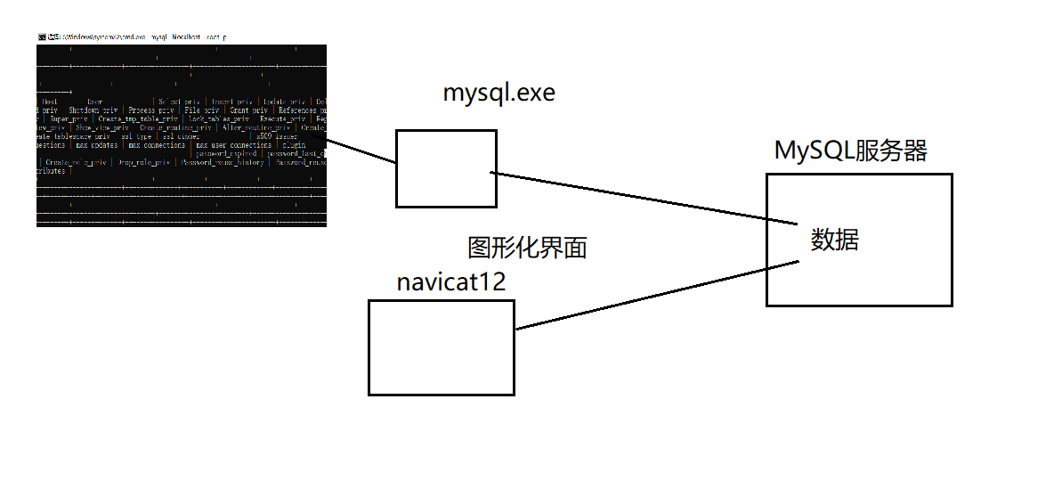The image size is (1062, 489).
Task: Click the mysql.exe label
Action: (x=499, y=94)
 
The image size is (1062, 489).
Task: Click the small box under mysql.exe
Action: (x=446, y=168)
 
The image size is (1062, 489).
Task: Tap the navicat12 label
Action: (x=451, y=282)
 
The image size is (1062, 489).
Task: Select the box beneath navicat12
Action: (x=442, y=347)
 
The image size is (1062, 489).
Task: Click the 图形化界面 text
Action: (x=527, y=248)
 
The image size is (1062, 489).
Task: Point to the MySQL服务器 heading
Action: (x=851, y=151)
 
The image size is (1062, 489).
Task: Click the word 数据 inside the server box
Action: (x=834, y=240)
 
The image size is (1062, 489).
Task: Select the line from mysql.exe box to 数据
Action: (x=641, y=197)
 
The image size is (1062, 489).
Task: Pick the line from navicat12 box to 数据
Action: (x=659, y=296)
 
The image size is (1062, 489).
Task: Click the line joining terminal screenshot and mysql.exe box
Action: (x=361, y=151)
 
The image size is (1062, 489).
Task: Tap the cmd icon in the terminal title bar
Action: (x=42, y=37)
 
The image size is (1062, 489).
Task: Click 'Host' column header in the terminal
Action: (x=50, y=102)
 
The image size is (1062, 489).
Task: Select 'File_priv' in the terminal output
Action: (x=201, y=110)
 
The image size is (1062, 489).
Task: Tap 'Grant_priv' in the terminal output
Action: (x=251, y=110)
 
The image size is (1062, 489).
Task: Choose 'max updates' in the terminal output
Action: (x=96, y=144)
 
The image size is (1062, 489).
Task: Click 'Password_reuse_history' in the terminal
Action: (x=223, y=162)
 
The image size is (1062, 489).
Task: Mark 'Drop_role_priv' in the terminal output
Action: (x=143, y=162)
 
